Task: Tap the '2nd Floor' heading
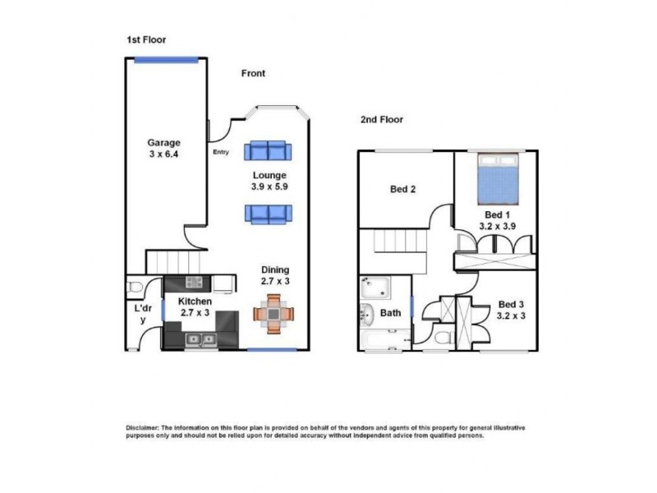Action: pyautogui.click(x=382, y=119)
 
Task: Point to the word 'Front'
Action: pyautogui.click(x=253, y=73)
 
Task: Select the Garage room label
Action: pyautogui.click(x=163, y=148)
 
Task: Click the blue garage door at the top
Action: pyautogui.click(x=159, y=58)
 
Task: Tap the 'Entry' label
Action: pyautogui.click(x=221, y=151)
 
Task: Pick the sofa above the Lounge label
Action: pyautogui.click(x=268, y=150)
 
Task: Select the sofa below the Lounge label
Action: pyautogui.click(x=268, y=214)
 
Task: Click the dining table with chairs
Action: pyautogui.click(x=272, y=314)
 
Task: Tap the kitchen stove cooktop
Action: pyautogui.click(x=195, y=283)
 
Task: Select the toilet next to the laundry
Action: pyautogui.click(x=136, y=287)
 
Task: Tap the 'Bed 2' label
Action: pyautogui.click(x=402, y=189)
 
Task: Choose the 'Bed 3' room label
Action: pyautogui.click(x=511, y=311)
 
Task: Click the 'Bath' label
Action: pyautogui.click(x=391, y=313)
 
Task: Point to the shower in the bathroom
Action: pyautogui.click(x=374, y=288)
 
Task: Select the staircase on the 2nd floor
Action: pyautogui.click(x=397, y=242)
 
